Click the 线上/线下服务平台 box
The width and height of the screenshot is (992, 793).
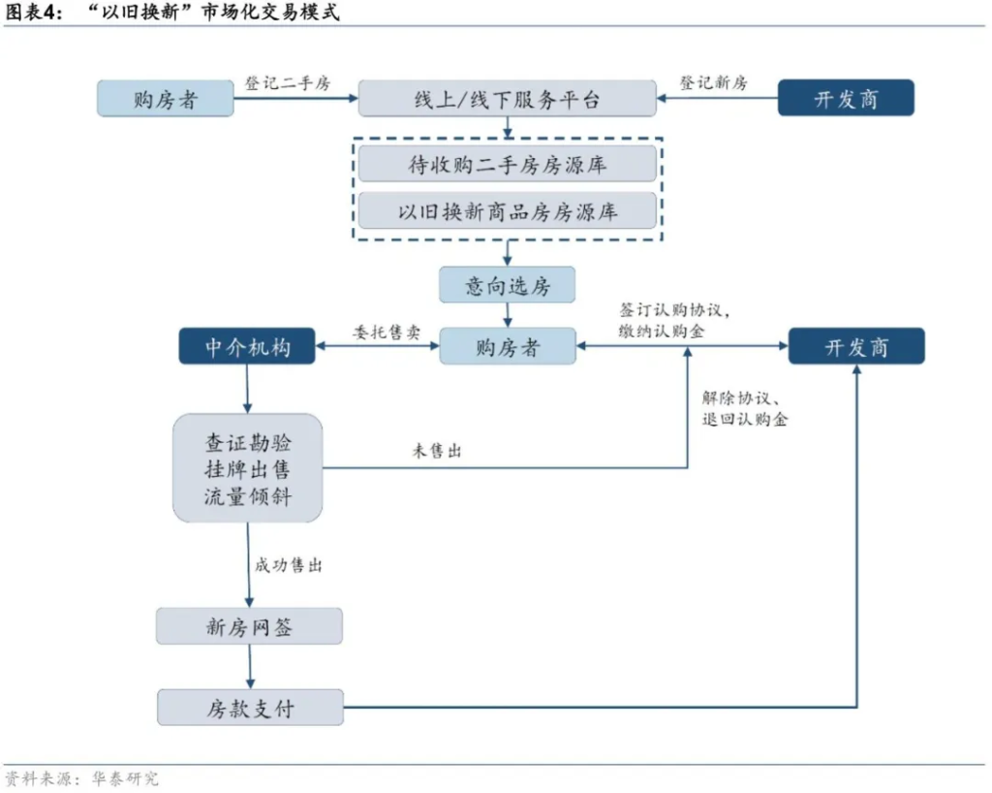pos(508,99)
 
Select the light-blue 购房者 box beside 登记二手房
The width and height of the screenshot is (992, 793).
pos(166,99)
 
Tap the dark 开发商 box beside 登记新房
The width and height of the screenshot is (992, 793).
pos(846,99)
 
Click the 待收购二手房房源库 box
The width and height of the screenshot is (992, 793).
pos(508,164)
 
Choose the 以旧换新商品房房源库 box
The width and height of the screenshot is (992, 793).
pos(508,210)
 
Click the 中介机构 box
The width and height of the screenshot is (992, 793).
pos(247,347)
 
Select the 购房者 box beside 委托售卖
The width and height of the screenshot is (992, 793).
pos(508,347)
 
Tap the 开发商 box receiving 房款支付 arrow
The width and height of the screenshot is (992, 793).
pos(856,347)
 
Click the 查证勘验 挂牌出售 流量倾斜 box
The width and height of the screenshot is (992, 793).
pos(247,469)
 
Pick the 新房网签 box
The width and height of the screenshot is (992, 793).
pos(249,626)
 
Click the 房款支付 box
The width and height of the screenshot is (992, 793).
pos(250,708)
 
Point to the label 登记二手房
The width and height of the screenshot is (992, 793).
pos(288,83)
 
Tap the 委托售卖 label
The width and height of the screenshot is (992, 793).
pos(387,332)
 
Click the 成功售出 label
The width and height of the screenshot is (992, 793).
pos(289,565)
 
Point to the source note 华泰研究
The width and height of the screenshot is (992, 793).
pos(125,778)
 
